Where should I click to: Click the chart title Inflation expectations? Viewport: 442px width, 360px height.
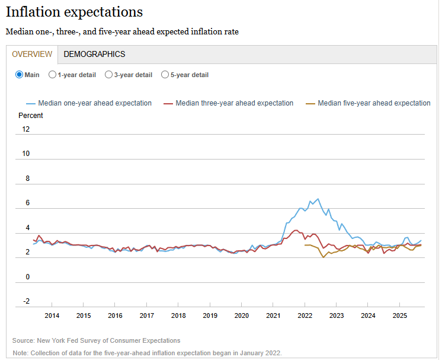pos(74,12)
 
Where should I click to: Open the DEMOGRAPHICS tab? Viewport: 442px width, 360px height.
pos(94,54)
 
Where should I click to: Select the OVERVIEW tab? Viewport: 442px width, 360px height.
pos(32,54)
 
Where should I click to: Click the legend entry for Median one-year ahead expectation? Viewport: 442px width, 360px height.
pos(95,103)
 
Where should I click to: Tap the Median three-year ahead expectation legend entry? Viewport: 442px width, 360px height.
pos(235,103)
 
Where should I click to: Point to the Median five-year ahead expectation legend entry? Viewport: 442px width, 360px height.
pos(374,103)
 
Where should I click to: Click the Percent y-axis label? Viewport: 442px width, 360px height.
pos(31,116)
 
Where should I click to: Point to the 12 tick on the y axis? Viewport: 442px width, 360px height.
pos(25,129)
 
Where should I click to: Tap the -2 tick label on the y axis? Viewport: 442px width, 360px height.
pos(25,301)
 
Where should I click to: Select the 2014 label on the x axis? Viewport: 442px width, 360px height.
pos(52,316)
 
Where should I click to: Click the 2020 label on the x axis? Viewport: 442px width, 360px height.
pos(241,316)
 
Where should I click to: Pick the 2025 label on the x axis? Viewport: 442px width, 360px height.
pos(399,316)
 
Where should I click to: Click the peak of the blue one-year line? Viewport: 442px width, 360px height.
pos(318,199)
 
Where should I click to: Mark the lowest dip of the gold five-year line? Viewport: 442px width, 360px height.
pos(323,257)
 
